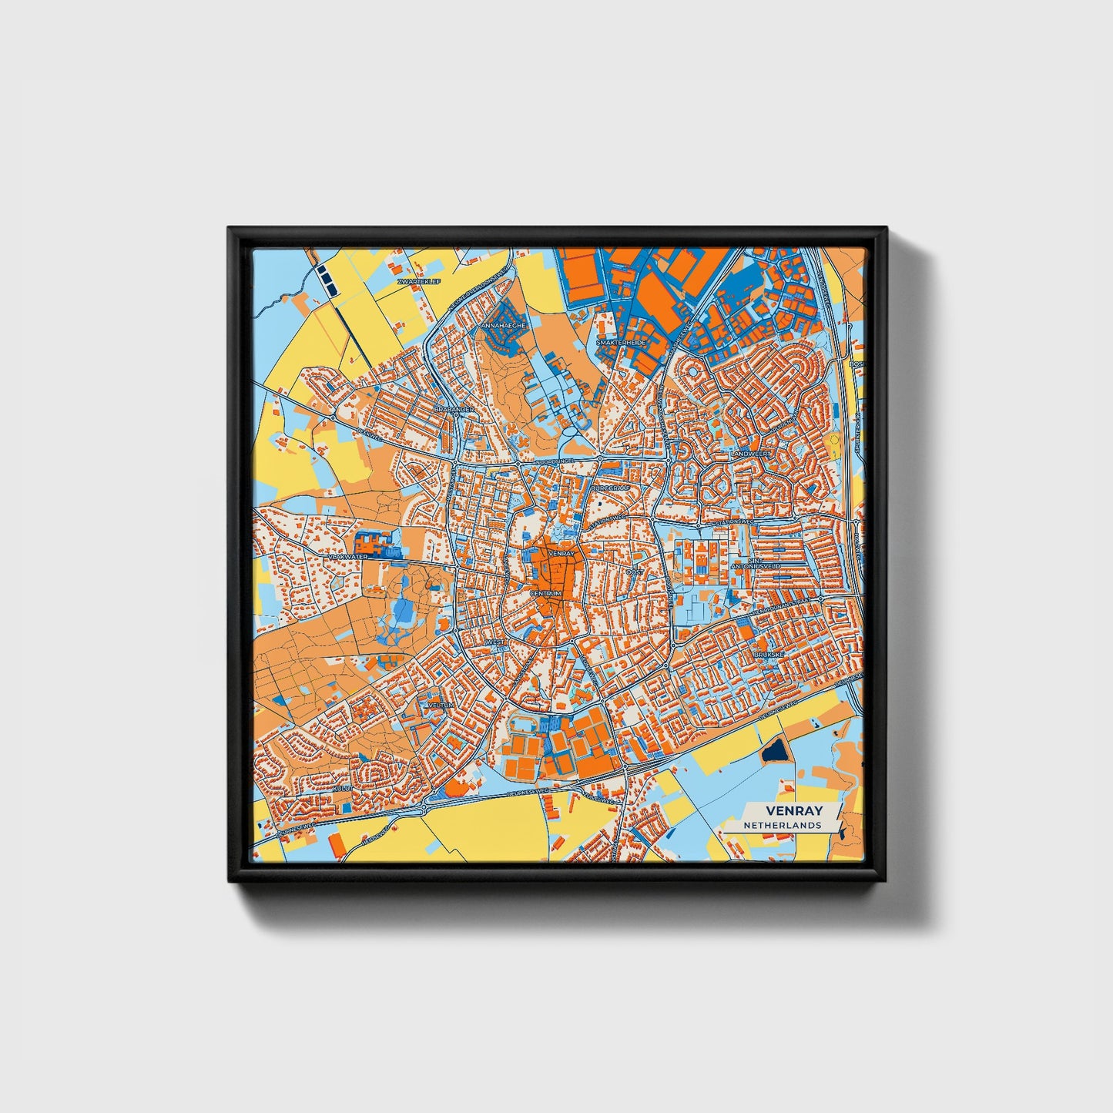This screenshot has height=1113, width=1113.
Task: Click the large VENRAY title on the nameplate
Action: [x=793, y=811]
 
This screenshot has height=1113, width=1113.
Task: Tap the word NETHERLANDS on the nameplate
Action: [x=783, y=825]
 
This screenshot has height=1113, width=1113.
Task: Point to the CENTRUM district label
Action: [x=546, y=594]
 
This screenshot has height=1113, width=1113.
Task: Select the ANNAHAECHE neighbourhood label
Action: [x=503, y=326]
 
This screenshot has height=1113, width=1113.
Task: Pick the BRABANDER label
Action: [x=454, y=409]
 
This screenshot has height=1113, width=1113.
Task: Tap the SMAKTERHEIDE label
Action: [x=621, y=342]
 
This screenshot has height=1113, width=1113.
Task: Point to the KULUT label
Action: [x=343, y=789]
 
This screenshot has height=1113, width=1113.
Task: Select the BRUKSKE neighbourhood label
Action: [x=769, y=654]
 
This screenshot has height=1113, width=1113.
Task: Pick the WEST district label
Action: [x=495, y=642]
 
